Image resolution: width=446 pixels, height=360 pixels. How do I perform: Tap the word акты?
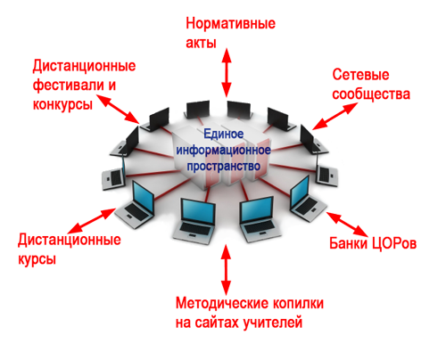(x=201, y=44)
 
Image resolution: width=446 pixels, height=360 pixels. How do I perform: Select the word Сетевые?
(x=360, y=75)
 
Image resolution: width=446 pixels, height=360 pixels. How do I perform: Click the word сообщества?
(x=371, y=94)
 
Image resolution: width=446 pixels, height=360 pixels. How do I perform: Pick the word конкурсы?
(x=62, y=105)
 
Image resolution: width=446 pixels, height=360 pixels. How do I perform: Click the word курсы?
(x=37, y=259)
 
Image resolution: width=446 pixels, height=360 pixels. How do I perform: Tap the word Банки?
(x=348, y=243)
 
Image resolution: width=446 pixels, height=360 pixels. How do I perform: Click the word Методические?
(x=222, y=303)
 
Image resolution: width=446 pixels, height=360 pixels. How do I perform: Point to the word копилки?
(x=298, y=303)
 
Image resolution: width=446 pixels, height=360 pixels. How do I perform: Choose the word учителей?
(x=273, y=323)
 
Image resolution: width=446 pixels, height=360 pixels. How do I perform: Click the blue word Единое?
(x=224, y=134)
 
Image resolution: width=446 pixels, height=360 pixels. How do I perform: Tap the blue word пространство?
(x=224, y=167)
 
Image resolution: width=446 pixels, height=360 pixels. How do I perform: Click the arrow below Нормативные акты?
(x=227, y=72)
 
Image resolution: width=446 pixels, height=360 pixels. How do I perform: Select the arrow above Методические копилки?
(x=227, y=269)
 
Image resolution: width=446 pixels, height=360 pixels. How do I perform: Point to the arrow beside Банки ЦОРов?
(x=347, y=224)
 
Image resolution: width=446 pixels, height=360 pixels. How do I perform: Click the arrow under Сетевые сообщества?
(x=334, y=116)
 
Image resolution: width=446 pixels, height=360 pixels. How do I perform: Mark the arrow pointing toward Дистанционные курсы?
(x=92, y=220)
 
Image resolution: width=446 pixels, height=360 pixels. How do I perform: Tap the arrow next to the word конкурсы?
(x=119, y=110)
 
